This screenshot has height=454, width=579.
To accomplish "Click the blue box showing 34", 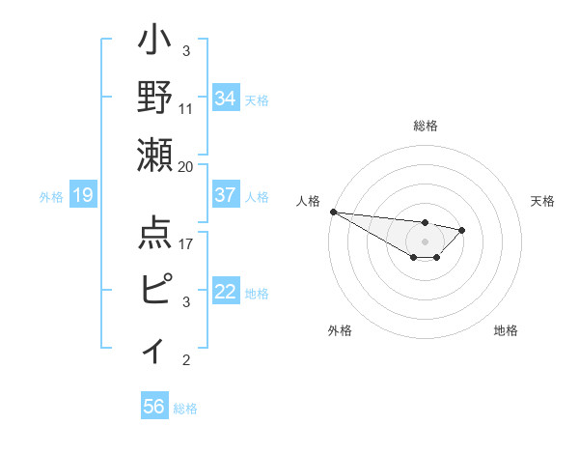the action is tap(226, 98).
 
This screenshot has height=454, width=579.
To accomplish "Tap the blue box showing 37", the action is tap(226, 195).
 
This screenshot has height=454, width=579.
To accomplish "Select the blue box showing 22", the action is tap(226, 293).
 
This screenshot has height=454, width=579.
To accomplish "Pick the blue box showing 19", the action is tap(82, 196).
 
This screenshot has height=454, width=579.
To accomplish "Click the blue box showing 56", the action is tap(153, 407).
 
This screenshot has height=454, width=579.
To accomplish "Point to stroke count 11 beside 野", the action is tap(187, 108).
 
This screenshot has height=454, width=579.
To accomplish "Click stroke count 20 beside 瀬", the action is tap(186, 166).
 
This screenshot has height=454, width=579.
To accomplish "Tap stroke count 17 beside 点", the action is tap(186, 243).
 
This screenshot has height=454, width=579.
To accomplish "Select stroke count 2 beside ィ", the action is tap(186, 360).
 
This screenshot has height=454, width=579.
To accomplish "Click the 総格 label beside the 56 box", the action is tap(185, 409).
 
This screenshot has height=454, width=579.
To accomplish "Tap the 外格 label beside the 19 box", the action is tap(51, 197).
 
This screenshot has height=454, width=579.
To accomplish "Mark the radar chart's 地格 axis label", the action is tap(506, 330).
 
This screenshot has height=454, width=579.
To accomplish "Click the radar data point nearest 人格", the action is tap(332, 212).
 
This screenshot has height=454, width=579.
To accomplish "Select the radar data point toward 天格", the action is tap(462, 230).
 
